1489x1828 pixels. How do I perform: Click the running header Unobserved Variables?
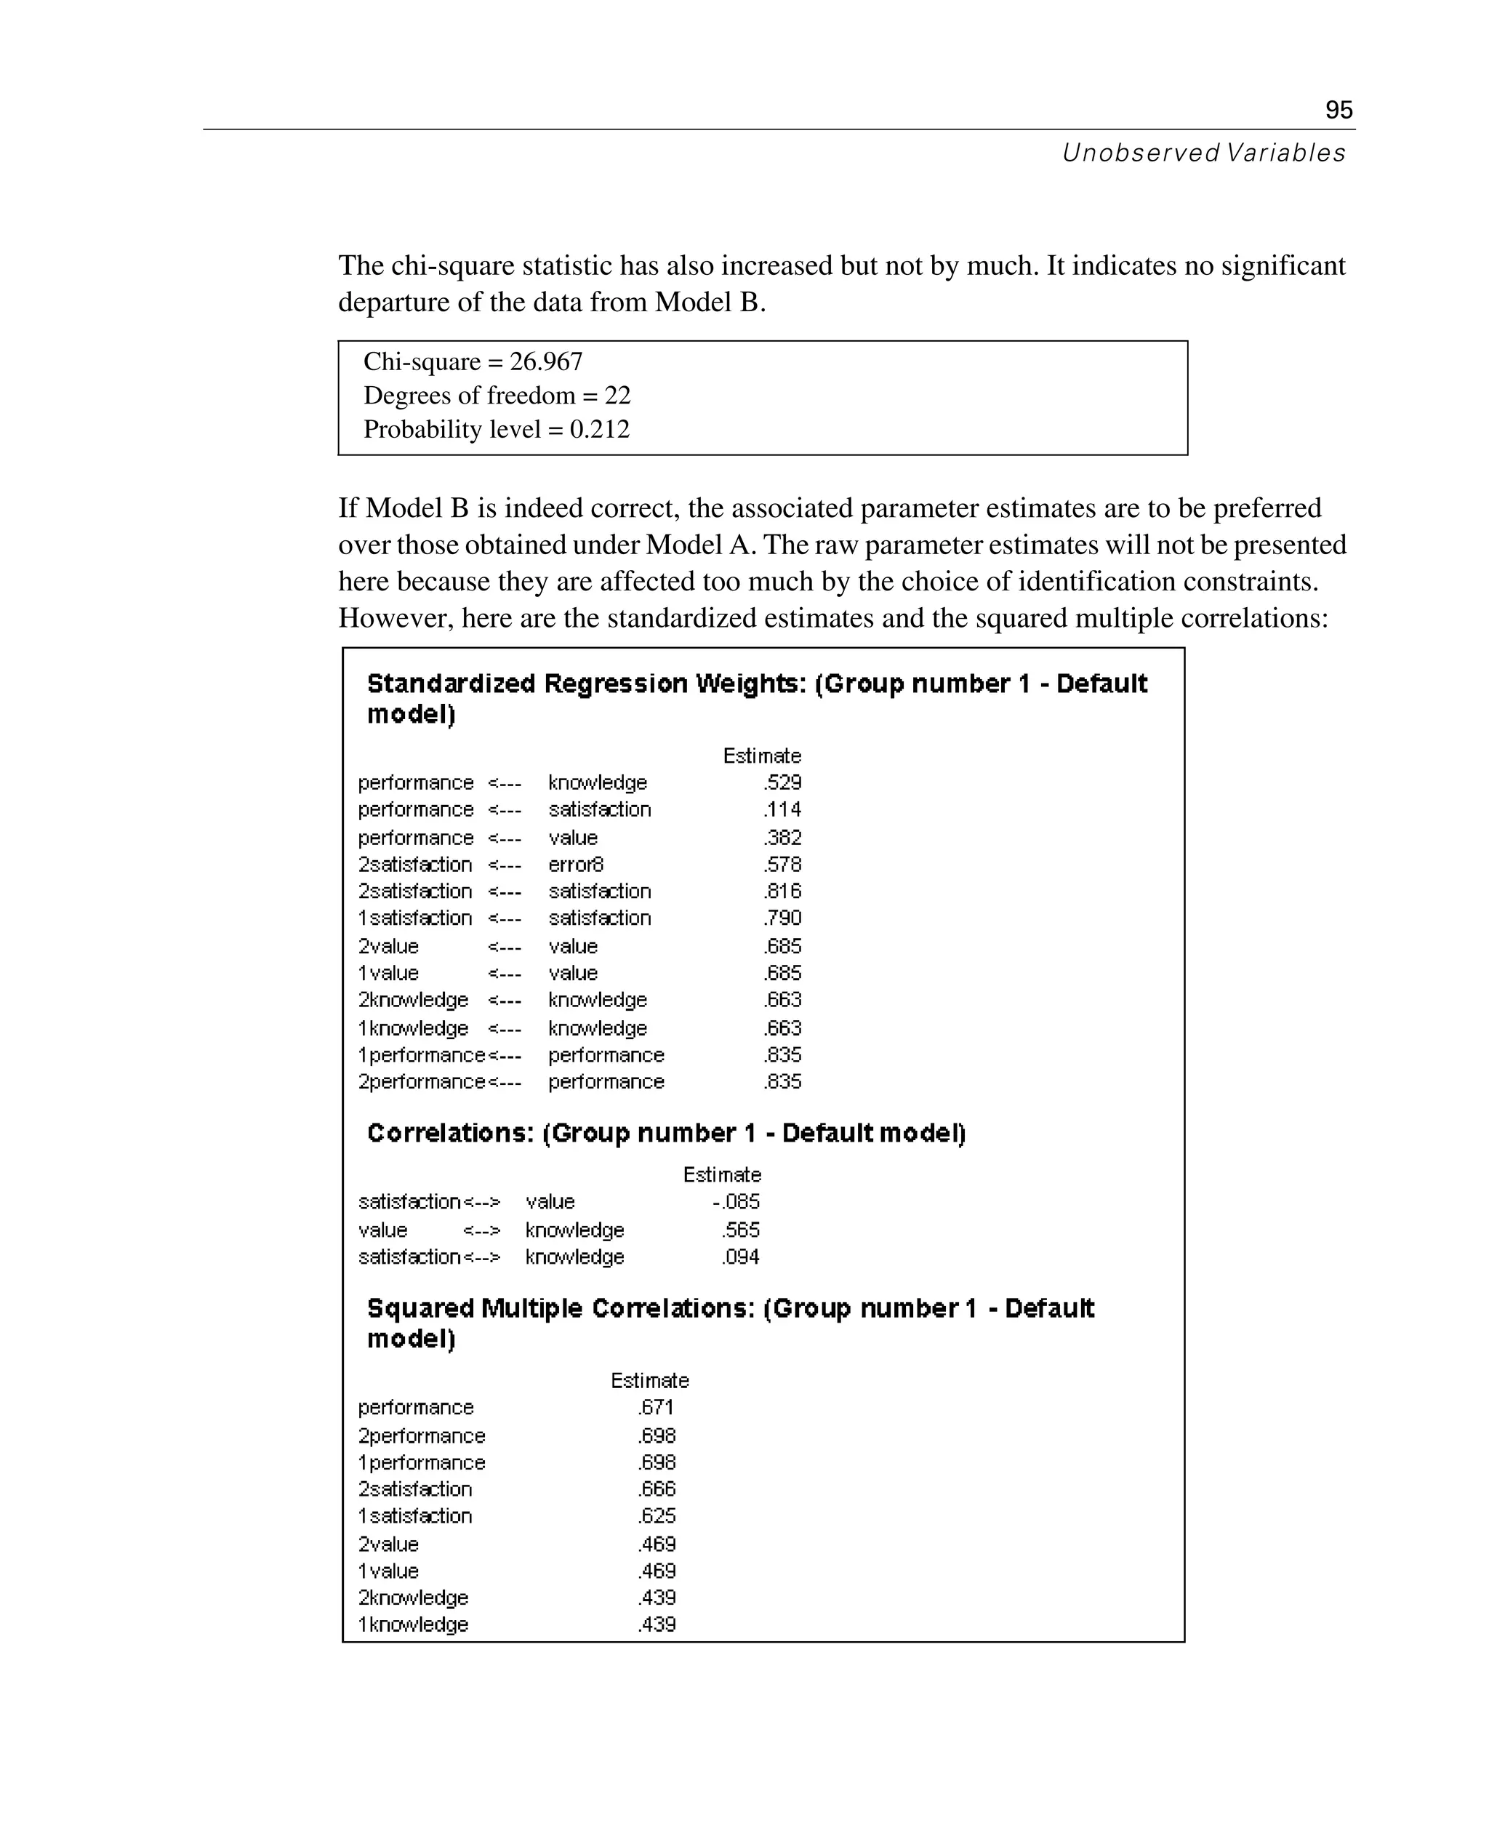pos(1203,153)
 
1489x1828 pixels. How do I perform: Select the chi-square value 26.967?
pos(546,362)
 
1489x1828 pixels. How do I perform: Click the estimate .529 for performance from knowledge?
pos(782,782)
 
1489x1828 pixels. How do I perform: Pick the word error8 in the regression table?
pos(576,864)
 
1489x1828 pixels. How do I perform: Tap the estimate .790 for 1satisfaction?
pos(782,918)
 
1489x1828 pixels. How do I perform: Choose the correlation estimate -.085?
pos(737,1202)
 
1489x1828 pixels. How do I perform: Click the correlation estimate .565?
pos(741,1230)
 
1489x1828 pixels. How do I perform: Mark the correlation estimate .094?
pos(741,1256)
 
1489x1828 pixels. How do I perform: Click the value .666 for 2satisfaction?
pos(657,1489)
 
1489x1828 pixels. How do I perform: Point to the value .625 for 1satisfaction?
pos(657,1516)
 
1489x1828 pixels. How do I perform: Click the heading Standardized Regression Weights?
pos(587,684)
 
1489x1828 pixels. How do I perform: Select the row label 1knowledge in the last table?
pos(414,1624)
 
